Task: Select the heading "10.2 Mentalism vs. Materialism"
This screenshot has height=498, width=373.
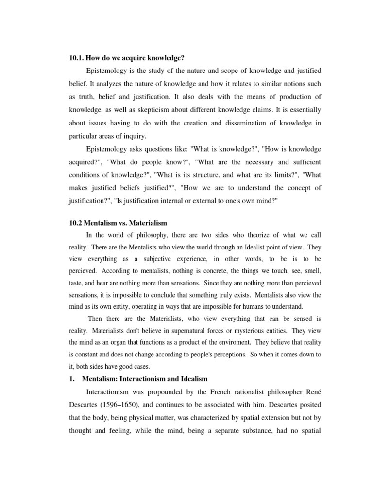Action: [119, 223]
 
